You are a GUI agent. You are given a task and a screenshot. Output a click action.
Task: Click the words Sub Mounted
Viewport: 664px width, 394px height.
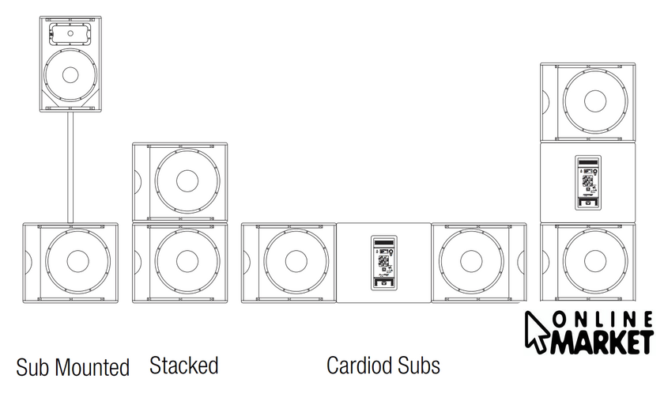73,367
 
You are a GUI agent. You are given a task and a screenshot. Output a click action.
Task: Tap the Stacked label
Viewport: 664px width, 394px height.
183,366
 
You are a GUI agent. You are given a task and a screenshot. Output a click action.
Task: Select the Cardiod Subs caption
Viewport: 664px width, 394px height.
383,366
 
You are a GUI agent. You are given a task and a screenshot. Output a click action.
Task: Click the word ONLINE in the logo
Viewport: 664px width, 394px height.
602,320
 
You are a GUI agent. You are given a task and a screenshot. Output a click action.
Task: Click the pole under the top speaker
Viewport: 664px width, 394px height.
70,168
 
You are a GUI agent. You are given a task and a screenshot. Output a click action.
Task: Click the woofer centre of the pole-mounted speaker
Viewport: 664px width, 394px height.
70,75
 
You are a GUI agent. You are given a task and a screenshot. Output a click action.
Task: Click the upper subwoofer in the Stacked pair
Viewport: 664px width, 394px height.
179,180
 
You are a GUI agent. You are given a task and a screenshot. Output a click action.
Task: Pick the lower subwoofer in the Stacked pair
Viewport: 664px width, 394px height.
179,261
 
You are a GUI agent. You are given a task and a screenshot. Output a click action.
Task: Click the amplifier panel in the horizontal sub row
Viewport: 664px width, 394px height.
383,262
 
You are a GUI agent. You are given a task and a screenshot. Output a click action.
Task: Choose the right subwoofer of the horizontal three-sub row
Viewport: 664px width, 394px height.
478,261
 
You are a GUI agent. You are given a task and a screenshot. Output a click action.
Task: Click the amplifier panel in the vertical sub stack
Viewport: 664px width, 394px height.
587,182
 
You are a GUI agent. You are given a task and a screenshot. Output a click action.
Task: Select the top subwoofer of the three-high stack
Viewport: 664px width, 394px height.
587,101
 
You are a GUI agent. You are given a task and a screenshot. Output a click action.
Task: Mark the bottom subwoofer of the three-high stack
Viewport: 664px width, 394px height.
587,261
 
